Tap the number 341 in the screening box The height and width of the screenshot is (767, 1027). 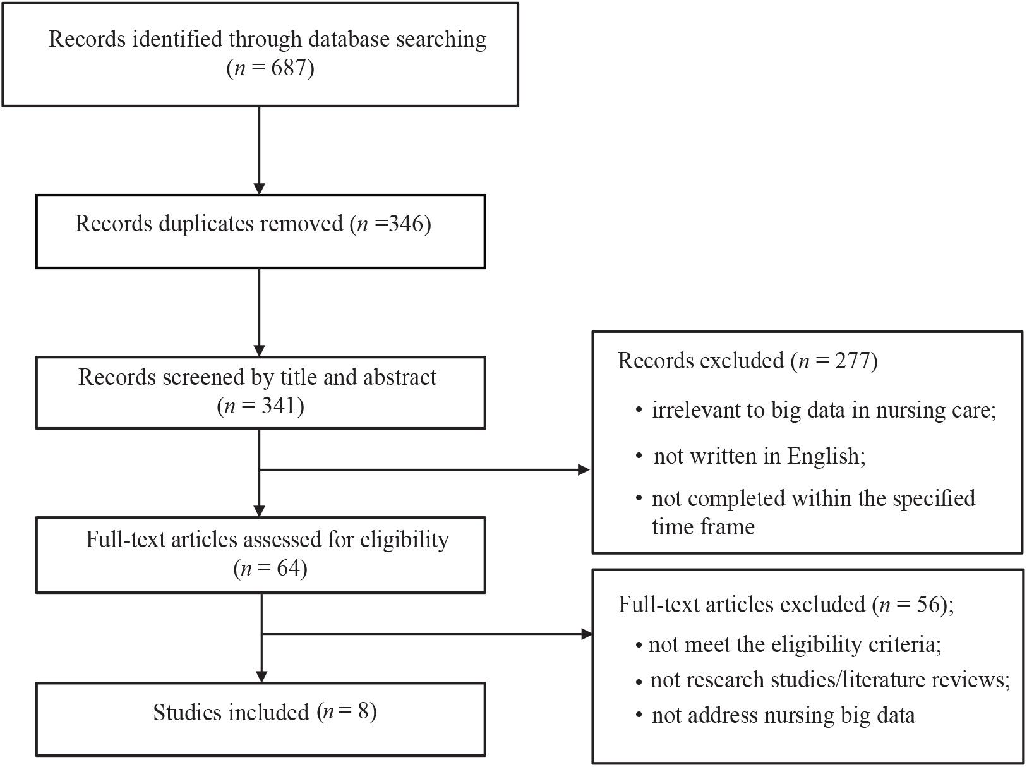point(279,405)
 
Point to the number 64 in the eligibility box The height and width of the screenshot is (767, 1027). point(288,568)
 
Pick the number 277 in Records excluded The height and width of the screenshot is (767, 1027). point(852,361)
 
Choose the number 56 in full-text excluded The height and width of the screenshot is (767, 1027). point(928,604)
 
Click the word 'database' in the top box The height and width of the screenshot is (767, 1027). point(347,39)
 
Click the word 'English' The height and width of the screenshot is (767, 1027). point(826,457)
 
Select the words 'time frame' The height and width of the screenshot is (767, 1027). point(703,527)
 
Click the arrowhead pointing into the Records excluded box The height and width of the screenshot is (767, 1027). point(584,469)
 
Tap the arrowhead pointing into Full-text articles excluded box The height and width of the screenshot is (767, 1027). point(586,634)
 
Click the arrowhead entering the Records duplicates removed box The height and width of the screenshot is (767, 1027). point(259,189)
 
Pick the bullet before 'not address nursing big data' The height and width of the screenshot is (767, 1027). point(639,716)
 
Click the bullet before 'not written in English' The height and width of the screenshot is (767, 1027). point(639,457)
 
